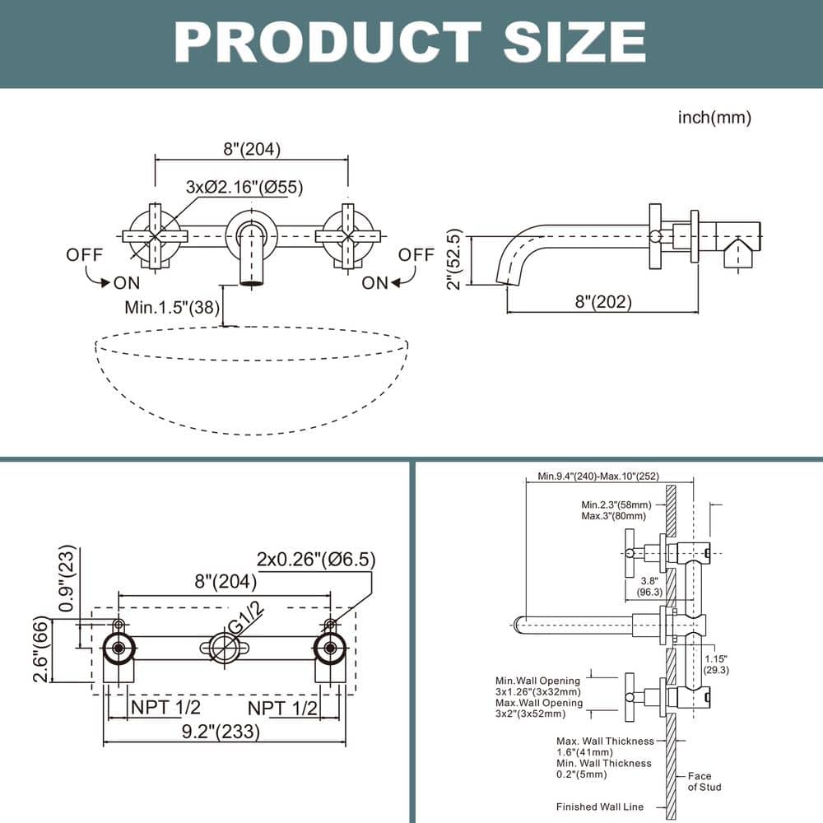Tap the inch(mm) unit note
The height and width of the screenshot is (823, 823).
tap(714, 118)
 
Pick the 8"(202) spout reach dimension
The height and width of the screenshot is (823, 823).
tap(603, 302)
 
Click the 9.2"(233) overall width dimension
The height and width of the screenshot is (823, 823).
tap(222, 730)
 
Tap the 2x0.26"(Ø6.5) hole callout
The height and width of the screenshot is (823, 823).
tap(316, 560)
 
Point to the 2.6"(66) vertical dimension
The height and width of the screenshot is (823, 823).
tap(41, 650)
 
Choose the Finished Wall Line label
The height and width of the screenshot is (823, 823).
tap(600, 807)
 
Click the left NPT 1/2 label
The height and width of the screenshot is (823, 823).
tap(165, 706)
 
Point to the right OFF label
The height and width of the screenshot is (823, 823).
tap(416, 255)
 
